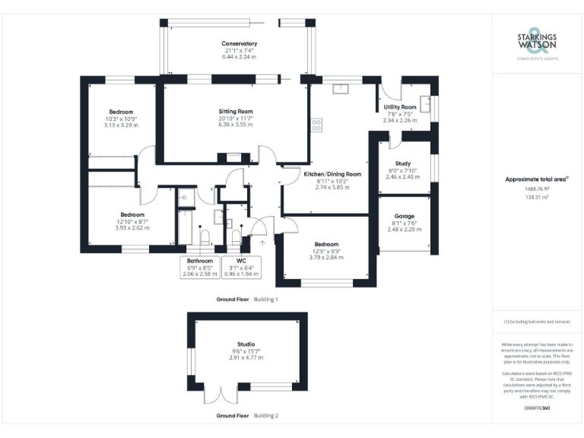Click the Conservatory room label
(239, 44)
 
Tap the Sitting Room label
(235, 112)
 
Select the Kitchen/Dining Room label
(332, 174)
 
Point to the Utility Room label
(399, 107)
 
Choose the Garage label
(404, 216)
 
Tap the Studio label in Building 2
(246, 344)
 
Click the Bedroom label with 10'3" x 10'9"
(120, 112)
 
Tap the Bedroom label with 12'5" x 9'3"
(325, 245)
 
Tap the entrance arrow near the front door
(263, 243)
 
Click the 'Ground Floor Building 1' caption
(247, 300)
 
